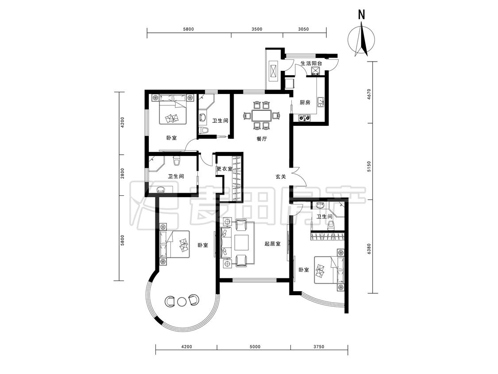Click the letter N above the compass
[x=361, y=14]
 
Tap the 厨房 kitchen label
[x=305, y=102]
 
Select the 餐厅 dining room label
[x=262, y=139]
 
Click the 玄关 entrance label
[x=281, y=176]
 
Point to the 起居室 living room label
[x=273, y=244]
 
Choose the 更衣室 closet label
[x=224, y=169]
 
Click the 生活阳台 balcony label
[x=311, y=63]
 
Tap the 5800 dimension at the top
[x=188, y=29]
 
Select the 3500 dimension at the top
[x=257, y=29]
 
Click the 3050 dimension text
[x=304, y=29]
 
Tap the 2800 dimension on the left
[x=123, y=174]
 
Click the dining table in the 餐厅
[x=261, y=116]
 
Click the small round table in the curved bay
[x=181, y=301]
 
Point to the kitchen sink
[x=321, y=101]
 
